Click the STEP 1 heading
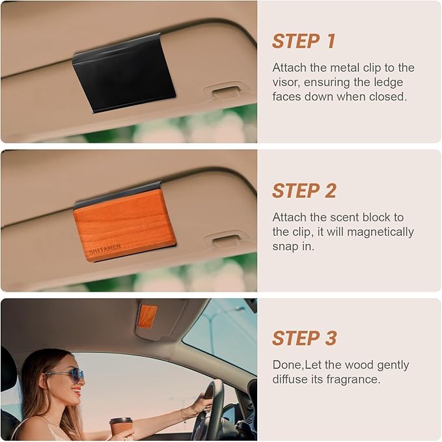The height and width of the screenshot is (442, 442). [x=303, y=41]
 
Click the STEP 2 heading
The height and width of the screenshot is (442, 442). [x=304, y=191]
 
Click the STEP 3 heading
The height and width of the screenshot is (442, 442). [x=304, y=338]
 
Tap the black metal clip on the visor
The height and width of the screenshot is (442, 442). [x=124, y=73]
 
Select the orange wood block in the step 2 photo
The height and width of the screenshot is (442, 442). [x=124, y=224]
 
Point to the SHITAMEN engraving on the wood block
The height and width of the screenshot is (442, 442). [x=105, y=247]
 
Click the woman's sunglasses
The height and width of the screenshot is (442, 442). [x=66, y=374]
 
